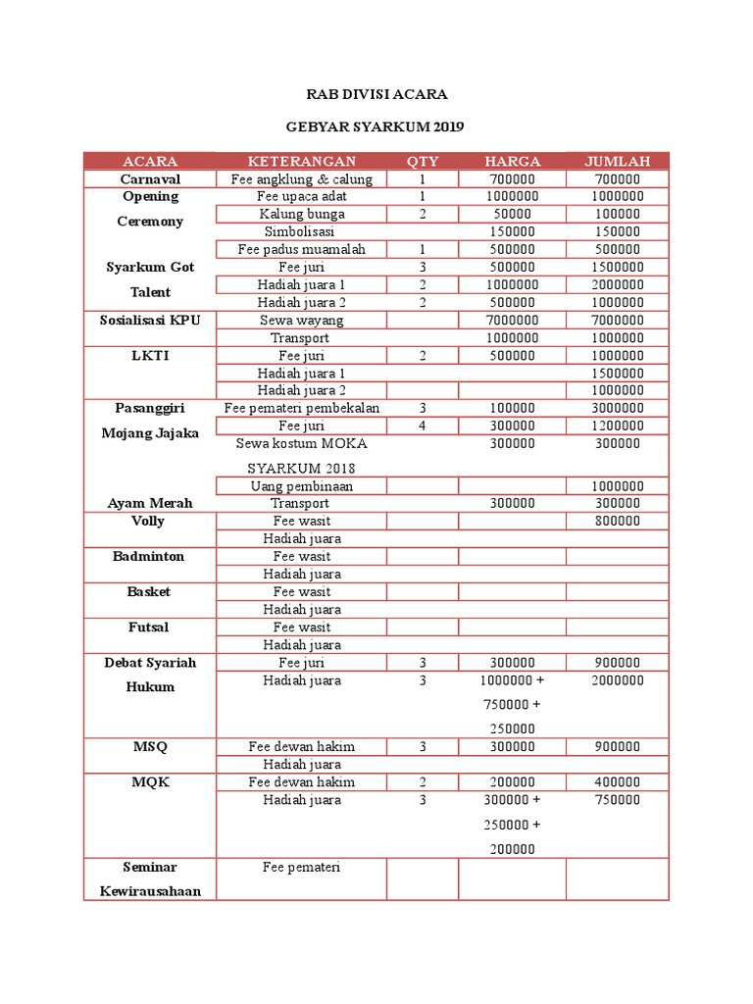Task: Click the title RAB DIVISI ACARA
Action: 376,94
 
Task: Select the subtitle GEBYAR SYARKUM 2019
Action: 376,126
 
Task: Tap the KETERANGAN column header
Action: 301,162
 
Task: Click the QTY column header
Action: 423,162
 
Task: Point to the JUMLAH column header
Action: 617,162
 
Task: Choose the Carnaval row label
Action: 150,179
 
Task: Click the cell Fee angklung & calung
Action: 301,179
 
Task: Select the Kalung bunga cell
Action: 301,214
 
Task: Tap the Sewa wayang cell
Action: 301,320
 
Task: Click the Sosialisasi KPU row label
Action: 150,320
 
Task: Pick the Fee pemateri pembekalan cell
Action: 301,408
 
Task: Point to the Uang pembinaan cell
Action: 301,486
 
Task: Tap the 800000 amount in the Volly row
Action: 617,522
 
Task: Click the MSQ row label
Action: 150,747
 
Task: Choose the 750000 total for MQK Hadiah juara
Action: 617,800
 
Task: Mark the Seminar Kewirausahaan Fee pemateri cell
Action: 301,868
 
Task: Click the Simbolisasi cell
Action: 301,231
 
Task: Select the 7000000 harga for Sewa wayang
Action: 511,320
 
